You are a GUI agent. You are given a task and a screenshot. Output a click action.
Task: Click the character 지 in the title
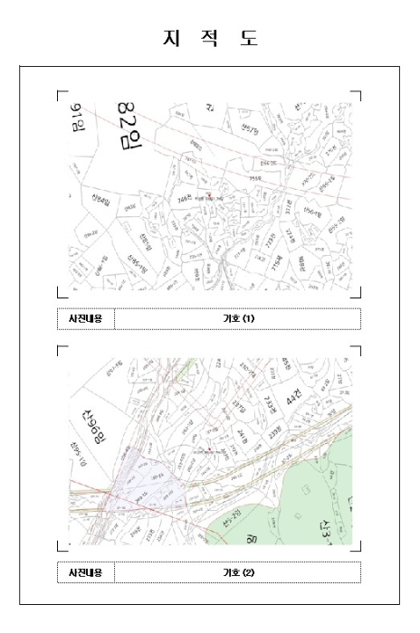170,38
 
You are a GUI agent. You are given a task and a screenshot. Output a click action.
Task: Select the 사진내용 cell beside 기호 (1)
86,318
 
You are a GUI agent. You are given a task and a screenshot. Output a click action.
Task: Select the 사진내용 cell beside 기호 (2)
86,572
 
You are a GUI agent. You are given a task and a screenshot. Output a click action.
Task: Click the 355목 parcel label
255,179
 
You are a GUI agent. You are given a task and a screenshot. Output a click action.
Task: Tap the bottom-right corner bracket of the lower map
357,545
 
